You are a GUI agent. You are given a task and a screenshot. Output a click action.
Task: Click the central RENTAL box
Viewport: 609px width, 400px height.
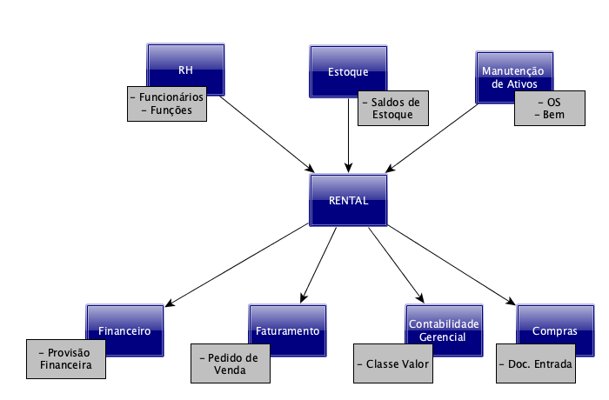click(x=348, y=200)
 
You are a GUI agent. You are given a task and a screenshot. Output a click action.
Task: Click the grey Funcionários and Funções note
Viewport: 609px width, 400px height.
click(x=165, y=104)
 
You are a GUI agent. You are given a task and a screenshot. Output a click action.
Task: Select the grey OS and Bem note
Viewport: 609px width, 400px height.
click(x=548, y=109)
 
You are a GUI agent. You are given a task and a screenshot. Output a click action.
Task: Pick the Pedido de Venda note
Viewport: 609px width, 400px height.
click(x=229, y=363)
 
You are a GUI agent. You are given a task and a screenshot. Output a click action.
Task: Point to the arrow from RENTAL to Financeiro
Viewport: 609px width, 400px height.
click(x=235, y=265)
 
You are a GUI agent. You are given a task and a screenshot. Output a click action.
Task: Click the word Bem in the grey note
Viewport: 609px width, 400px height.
click(x=548, y=115)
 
